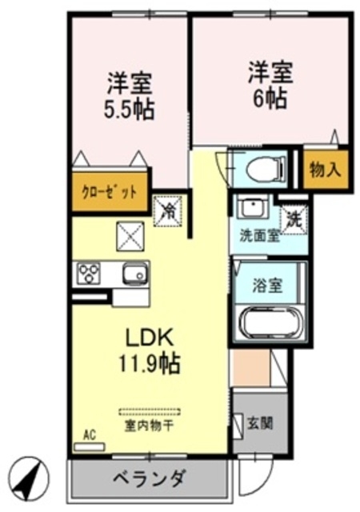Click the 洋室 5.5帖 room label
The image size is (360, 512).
(129, 95)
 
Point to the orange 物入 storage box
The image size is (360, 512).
(325, 170)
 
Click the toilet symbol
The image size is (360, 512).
(259, 169)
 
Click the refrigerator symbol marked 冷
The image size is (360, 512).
(168, 211)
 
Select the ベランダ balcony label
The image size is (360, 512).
(149, 479)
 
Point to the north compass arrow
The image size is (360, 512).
(30, 477)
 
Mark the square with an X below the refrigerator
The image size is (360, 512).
(129, 235)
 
